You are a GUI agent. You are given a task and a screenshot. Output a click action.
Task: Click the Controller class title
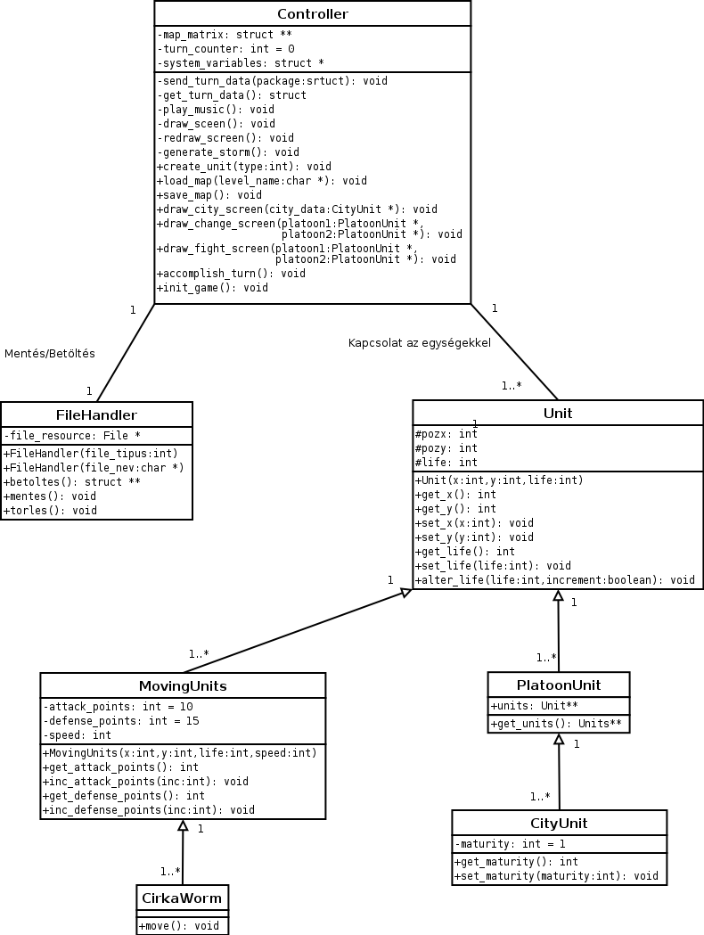312,13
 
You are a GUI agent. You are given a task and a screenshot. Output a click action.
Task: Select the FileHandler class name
96,414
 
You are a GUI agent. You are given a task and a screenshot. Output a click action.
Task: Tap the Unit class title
558,413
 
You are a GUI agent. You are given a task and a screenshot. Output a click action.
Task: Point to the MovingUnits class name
183,685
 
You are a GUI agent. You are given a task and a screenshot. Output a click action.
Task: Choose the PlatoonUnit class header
559,685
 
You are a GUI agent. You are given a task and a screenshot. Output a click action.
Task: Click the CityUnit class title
559,823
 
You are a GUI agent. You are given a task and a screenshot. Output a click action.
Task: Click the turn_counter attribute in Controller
225,49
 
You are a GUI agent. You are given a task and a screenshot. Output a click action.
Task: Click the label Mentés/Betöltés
50,353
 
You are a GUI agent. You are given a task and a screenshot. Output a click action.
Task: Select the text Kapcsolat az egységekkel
419,342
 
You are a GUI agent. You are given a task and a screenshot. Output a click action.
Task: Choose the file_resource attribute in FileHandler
72,436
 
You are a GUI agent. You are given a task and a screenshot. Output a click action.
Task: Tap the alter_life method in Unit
554,579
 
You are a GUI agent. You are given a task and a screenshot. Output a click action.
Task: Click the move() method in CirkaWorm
178,926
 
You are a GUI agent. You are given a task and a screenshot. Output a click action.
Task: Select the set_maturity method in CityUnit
556,875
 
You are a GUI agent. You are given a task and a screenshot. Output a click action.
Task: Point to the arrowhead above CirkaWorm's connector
183,826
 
